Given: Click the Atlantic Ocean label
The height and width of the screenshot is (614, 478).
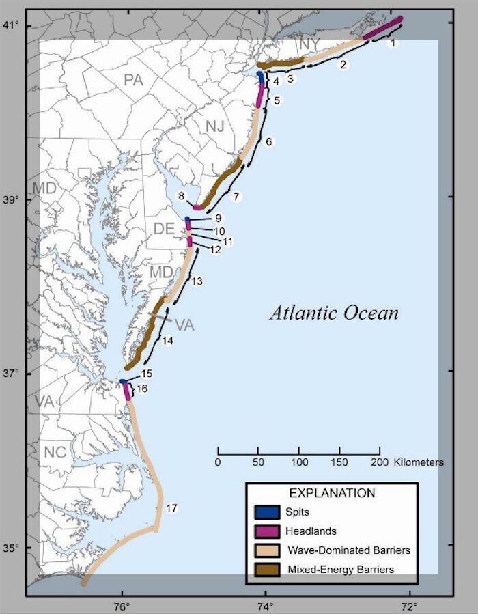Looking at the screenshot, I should pos(334,313).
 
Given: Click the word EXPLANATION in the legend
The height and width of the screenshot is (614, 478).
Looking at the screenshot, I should pos(332,493).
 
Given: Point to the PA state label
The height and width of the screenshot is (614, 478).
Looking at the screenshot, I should pos(133,81).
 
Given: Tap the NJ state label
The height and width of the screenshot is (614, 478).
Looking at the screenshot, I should pos(214,126).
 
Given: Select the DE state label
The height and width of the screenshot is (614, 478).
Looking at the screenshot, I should pos(163,229).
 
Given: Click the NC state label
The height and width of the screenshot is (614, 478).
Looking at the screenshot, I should pos(55,452).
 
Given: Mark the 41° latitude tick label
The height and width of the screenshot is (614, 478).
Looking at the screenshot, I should pos(14,25).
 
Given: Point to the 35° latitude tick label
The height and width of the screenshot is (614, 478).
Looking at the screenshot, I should pos(14,548).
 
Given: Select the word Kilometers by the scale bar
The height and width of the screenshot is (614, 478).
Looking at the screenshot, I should pos(419,462).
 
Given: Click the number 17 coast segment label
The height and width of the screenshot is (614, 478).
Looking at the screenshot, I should pos(171,508).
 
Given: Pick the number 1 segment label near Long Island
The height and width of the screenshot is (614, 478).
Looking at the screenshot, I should pos(392,42).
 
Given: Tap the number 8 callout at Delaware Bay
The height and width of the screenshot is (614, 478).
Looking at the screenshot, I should pos(181,197).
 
